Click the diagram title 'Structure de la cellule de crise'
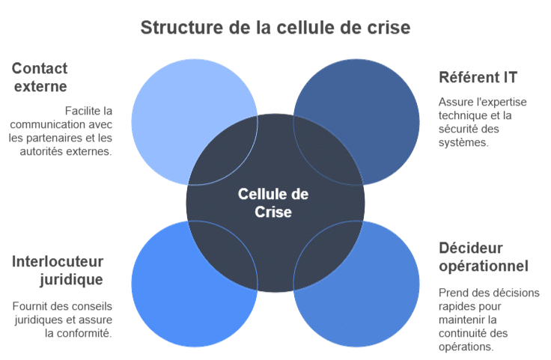click(275, 28)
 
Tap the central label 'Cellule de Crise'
click(273, 203)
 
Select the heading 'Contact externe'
click(40, 77)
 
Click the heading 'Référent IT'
click(478, 77)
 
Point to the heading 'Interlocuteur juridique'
click(58, 270)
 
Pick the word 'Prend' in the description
click(453, 293)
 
